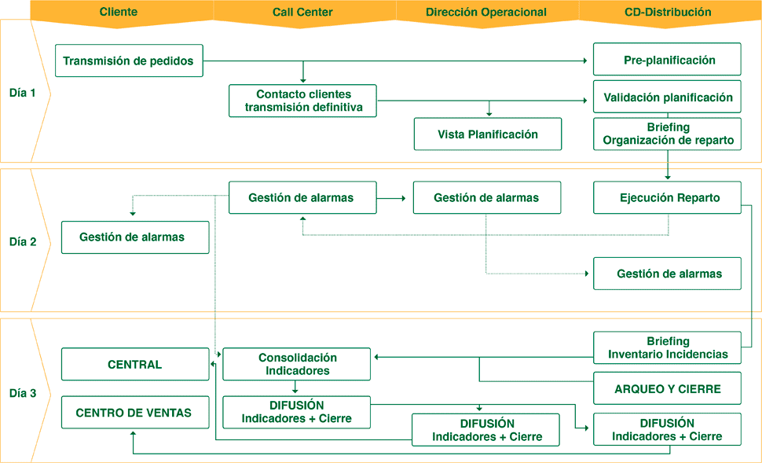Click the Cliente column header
(119, 12)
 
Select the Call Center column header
(302, 12)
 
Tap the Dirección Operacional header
(486, 12)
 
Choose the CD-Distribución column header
(668, 12)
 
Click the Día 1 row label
(23, 92)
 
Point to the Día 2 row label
(23, 241)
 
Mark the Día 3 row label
(23, 393)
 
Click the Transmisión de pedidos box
(129, 61)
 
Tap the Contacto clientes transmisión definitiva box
(303, 101)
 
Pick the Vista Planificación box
(488, 134)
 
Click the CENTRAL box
(134, 364)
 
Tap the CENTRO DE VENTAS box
(134, 412)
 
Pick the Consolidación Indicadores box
(297, 364)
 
